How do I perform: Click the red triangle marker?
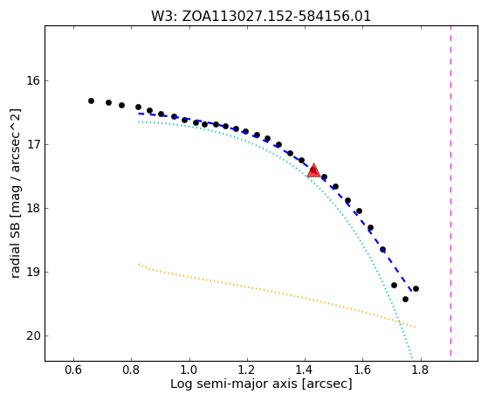pyautogui.click(x=313, y=170)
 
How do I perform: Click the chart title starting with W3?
pyautogui.click(x=261, y=17)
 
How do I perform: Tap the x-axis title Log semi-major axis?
pyautogui.click(x=261, y=384)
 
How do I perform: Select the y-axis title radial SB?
pyautogui.click(x=16, y=193)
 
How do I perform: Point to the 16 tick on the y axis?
pyautogui.click(x=33, y=81)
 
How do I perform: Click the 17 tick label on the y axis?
pyautogui.click(x=33, y=144)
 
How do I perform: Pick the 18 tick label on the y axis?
pyautogui.click(x=33, y=209)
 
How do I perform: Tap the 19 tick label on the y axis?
pyautogui.click(x=33, y=273)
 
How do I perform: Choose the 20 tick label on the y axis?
pyautogui.click(x=33, y=335)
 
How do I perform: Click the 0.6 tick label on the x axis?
pyautogui.click(x=73, y=370)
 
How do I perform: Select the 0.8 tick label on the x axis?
pyautogui.click(x=132, y=370)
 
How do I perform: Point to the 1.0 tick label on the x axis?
pyautogui.click(x=189, y=370)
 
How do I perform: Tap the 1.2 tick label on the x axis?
pyautogui.click(x=247, y=370)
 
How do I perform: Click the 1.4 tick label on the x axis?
pyautogui.click(x=305, y=370)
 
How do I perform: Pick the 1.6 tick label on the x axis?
pyautogui.click(x=362, y=370)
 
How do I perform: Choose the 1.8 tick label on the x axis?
pyautogui.click(x=421, y=370)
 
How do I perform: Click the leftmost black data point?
pyautogui.click(x=91, y=101)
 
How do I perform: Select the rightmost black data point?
pyautogui.click(x=416, y=289)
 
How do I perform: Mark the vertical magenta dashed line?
pyautogui.click(x=451, y=190)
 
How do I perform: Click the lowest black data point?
pyautogui.click(x=405, y=300)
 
